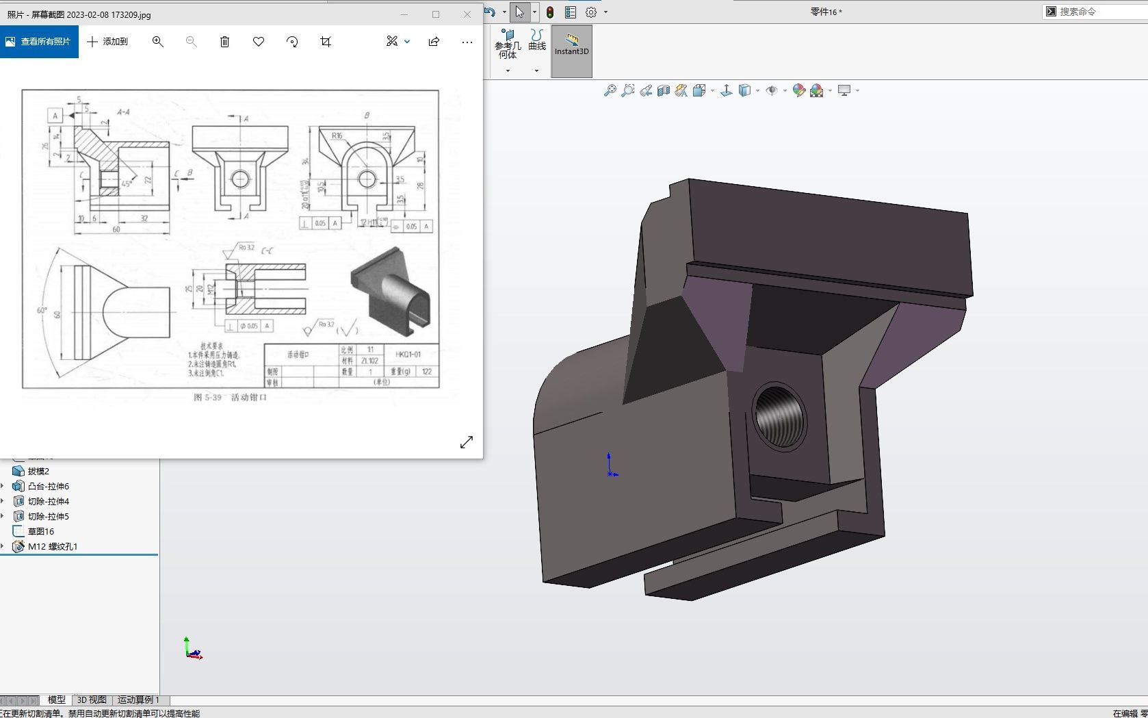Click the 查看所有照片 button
click(x=39, y=42)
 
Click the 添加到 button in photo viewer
click(x=107, y=42)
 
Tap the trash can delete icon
click(x=224, y=42)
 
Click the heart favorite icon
click(x=259, y=42)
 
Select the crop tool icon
click(x=326, y=42)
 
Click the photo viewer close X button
click(x=467, y=14)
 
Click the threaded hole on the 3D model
click(x=779, y=416)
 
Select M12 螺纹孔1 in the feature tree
click(x=53, y=546)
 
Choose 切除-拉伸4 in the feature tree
click(x=48, y=501)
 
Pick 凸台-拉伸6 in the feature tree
click(x=48, y=486)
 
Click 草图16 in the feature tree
click(x=40, y=531)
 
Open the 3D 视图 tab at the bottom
click(x=91, y=700)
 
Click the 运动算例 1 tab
click(x=138, y=700)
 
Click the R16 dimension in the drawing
click(x=337, y=136)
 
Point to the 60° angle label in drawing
click(x=42, y=311)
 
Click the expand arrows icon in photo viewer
click(x=467, y=442)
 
